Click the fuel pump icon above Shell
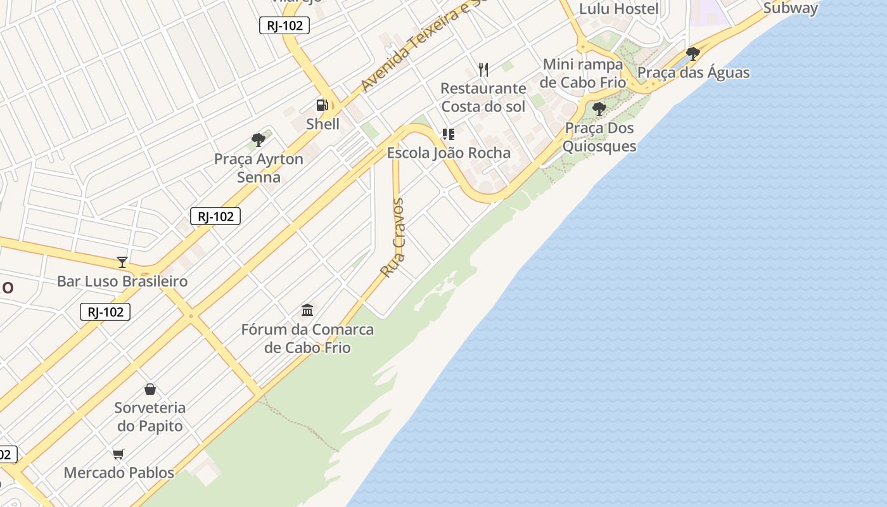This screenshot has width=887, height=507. pyautogui.click(x=322, y=105)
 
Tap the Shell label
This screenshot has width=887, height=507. pyautogui.click(x=322, y=124)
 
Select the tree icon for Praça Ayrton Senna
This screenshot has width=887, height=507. pyautogui.click(x=258, y=140)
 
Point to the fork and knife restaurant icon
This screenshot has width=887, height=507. pyautogui.click(x=483, y=69)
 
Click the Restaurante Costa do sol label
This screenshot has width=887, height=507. pyautogui.click(x=483, y=97)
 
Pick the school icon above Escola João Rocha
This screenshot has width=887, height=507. pyautogui.click(x=449, y=134)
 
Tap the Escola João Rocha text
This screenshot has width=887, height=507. pyautogui.click(x=449, y=153)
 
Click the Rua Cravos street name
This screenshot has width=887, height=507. pyautogui.click(x=393, y=238)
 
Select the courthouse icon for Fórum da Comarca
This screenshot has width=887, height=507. pyautogui.click(x=307, y=311)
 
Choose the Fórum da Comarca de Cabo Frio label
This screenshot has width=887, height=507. pyautogui.click(x=307, y=338)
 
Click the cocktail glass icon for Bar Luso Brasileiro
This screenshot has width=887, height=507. pyautogui.click(x=122, y=262)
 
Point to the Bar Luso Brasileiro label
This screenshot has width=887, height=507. pyautogui.click(x=122, y=281)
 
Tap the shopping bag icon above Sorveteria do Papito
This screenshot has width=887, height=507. pyautogui.click(x=150, y=389)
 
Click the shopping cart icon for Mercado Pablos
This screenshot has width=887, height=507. pyautogui.click(x=118, y=454)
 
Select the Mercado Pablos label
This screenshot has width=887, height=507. pyautogui.click(x=118, y=472)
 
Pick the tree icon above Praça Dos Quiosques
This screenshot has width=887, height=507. pyautogui.click(x=599, y=110)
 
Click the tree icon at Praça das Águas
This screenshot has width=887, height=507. pyautogui.click(x=693, y=54)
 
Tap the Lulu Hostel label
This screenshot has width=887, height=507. pyautogui.click(x=619, y=9)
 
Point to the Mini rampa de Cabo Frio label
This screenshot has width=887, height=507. pyautogui.click(x=583, y=74)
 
